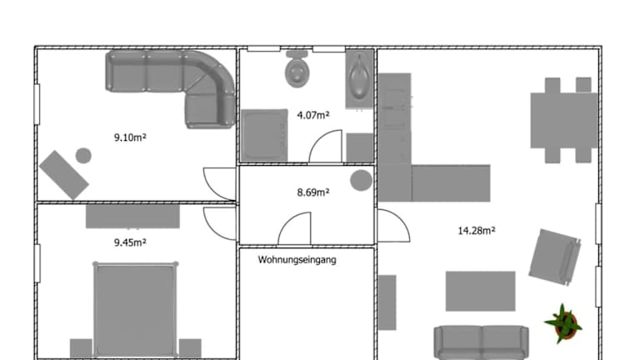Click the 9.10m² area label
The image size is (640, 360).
130,137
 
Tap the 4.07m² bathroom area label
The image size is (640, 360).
313,115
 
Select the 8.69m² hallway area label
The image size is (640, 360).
313,192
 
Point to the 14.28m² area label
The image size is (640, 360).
477,231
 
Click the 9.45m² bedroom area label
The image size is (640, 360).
130,242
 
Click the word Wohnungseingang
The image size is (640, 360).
297,260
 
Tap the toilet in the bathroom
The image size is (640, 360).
297,69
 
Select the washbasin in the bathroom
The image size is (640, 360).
359,79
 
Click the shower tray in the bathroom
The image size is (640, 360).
264,136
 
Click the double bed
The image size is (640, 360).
135,309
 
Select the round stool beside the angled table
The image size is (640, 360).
83,156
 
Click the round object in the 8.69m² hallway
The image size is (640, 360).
361,180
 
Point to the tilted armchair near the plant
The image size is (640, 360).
555,257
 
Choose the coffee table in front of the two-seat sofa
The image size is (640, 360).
480,291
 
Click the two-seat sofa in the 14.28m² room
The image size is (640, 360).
481,342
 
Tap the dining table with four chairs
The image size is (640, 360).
564,120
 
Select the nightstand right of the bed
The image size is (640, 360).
190,348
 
